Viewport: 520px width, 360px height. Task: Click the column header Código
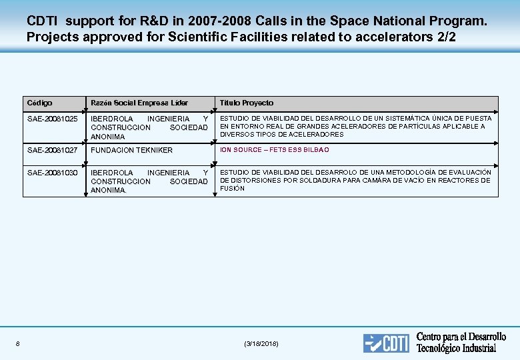[x=40, y=103]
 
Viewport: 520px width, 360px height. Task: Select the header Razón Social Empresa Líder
[x=139, y=103]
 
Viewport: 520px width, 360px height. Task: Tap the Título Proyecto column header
[x=247, y=103]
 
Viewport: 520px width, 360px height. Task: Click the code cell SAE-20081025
[x=53, y=119]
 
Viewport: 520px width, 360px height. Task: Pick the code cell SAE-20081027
[x=53, y=150]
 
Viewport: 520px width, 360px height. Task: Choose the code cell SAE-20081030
[x=53, y=173]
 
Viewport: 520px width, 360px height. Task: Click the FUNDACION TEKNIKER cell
[x=131, y=150]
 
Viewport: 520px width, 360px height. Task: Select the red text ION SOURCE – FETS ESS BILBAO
[x=275, y=150]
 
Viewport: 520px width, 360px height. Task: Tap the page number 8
[x=17, y=343]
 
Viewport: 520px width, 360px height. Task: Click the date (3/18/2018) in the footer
[x=261, y=343]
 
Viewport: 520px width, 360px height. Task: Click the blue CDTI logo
[x=386, y=343]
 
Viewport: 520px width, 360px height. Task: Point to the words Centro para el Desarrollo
[x=461, y=337]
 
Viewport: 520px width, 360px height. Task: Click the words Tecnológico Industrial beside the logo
[x=457, y=348]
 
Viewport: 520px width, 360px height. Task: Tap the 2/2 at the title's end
[x=445, y=37]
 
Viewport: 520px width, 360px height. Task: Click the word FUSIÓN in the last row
[x=233, y=189]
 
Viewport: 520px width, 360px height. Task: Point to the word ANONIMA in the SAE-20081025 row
[x=108, y=137]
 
